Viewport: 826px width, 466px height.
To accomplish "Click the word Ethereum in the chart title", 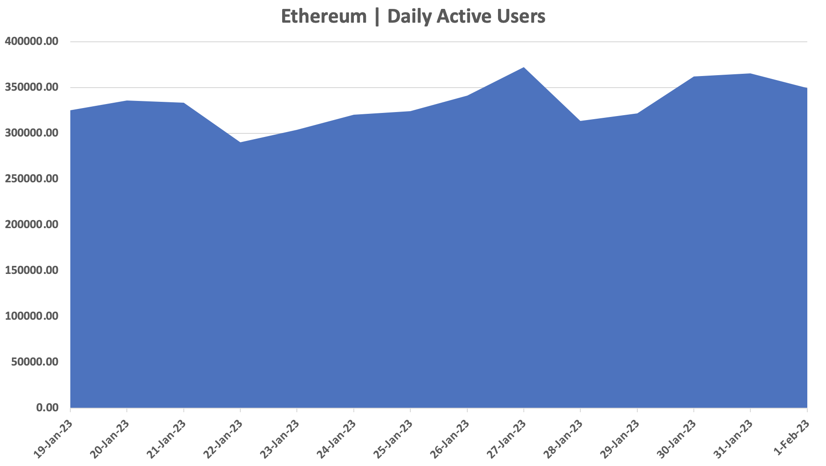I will click(x=324, y=17).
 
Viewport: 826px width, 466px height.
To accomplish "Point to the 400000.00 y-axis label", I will click(x=32, y=41).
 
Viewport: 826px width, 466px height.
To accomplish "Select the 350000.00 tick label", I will click(x=32, y=87).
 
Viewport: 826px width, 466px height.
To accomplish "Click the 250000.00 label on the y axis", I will click(x=32, y=179).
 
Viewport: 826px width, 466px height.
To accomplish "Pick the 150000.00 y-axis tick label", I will click(x=32, y=270).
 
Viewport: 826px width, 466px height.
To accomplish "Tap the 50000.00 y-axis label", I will click(x=35, y=362).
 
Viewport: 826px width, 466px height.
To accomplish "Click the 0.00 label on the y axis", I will click(x=48, y=408).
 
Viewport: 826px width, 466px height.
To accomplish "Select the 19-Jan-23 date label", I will click(x=53, y=438).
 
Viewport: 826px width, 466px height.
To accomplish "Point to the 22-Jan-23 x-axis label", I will click(x=223, y=438).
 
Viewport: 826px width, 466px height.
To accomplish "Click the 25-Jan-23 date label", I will click(x=393, y=438).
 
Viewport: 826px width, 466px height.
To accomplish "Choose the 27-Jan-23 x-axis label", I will click(x=507, y=438).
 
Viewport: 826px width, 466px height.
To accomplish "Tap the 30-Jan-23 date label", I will click(x=677, y=438).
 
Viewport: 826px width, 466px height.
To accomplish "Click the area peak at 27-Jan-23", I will click(x=524, y=68).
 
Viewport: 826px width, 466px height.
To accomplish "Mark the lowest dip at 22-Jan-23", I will click(x=240, y=142).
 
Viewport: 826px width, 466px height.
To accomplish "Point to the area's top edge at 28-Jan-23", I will click(x=580, y=121).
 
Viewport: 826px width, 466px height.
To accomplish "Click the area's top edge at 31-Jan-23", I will click(x=750, y=74).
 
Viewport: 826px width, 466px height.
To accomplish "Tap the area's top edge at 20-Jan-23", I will click(x=127, y=101).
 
